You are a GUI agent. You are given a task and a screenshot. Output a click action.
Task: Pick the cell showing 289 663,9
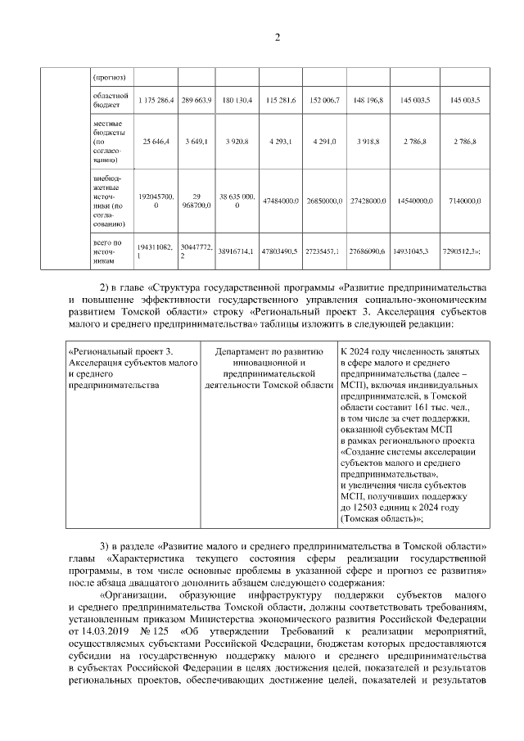(196, 100)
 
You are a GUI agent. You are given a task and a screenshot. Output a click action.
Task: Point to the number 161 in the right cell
(410, 407)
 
